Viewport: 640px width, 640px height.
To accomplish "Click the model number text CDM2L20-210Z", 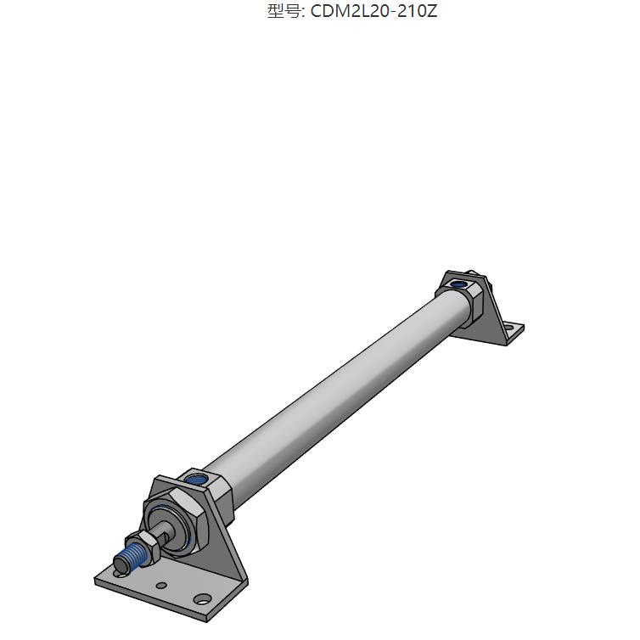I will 374,11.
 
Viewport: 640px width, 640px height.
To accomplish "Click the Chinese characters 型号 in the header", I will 281,11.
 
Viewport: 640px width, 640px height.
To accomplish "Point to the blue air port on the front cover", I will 195,479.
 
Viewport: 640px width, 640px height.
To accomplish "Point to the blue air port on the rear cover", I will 458,284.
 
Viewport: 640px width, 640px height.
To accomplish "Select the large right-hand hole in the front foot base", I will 201,598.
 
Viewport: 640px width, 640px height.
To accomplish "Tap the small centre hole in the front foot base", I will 160,585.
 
